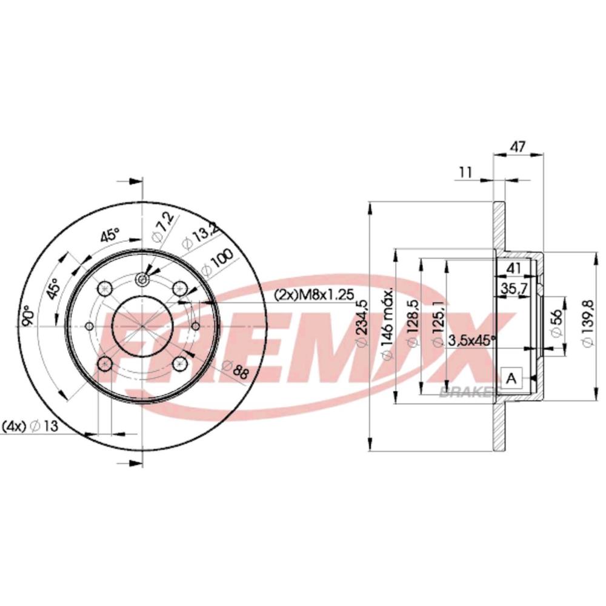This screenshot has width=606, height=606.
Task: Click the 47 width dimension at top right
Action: (518, 145)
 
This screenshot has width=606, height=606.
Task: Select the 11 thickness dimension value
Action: (465, 171)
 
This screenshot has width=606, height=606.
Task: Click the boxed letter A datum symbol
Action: (511, 379)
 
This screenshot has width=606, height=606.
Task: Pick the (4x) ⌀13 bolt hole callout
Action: (30, 426)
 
